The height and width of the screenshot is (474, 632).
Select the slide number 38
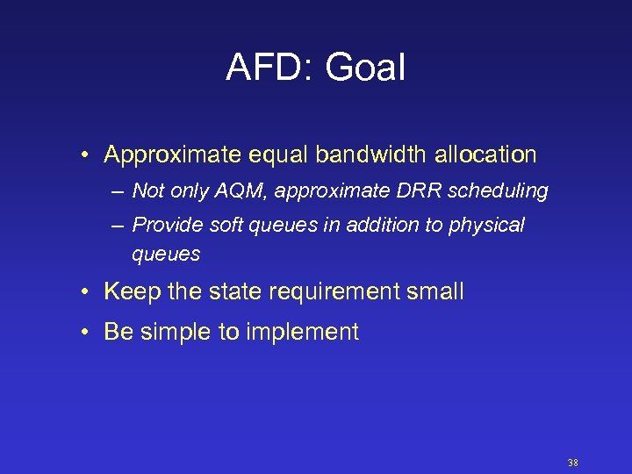click(573, 463)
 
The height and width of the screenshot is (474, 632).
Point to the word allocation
click(485, 155)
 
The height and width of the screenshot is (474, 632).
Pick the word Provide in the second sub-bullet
click(168, 226)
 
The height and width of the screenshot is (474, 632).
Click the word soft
click(226, 226)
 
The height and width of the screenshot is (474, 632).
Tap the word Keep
click(133, 292)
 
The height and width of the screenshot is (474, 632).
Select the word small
click(434, 292)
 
